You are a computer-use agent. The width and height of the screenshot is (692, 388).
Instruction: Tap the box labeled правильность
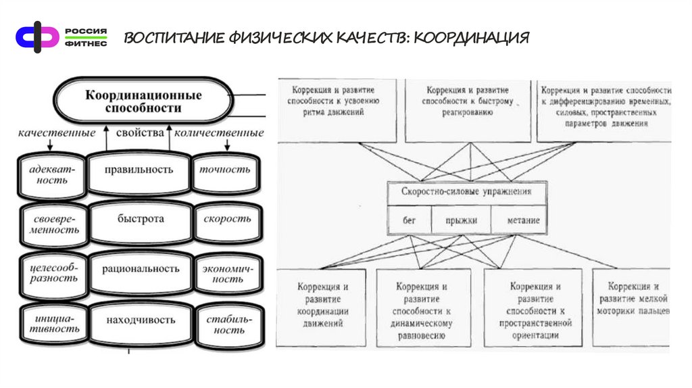[x=139, y=170]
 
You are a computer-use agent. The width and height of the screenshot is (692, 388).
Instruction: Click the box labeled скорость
[x=226, y=220]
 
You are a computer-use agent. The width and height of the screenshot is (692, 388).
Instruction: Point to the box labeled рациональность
[x=141, y=269]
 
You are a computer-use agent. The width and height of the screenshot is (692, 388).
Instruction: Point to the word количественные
[x=219, y=133]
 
